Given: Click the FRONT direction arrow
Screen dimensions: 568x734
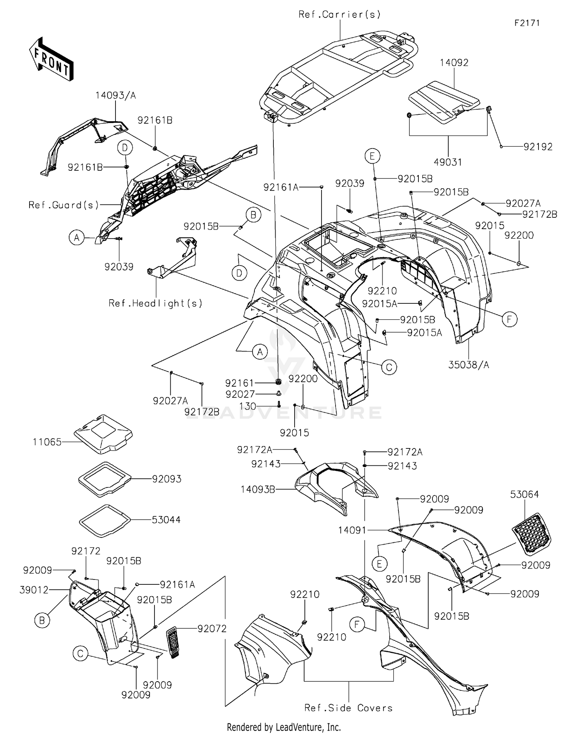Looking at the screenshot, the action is point(51,59).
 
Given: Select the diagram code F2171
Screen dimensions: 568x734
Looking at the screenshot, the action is point(527,23).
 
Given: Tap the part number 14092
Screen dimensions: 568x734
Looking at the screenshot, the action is point(454,63).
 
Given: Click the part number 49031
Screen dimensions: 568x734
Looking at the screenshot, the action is point(448,162).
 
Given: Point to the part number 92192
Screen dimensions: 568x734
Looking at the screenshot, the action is point(538,147).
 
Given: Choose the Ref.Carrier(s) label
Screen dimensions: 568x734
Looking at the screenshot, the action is point(340,14).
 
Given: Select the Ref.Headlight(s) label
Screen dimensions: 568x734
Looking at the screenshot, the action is point(156,303).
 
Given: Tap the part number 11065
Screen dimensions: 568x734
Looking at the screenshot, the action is point(47,442).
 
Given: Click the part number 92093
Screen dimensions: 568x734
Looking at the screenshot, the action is point(167,479).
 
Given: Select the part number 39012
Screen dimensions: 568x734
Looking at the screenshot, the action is point(34,590).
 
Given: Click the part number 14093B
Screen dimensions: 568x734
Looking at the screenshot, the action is point(258,489).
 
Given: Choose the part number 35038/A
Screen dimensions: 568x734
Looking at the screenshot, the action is point(469,365).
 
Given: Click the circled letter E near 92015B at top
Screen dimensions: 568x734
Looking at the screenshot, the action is point(373,156).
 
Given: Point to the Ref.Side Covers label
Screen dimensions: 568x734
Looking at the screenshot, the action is point(348,708).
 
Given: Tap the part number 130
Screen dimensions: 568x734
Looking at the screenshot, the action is point(248,406).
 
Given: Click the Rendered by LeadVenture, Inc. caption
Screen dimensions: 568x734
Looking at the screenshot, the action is point(284,727).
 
